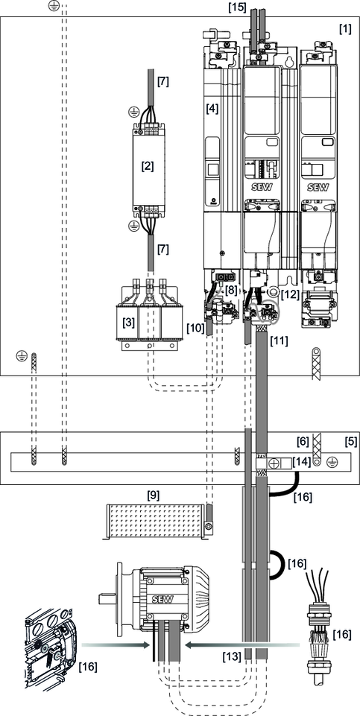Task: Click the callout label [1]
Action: (x=345, y=29)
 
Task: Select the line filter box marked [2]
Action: (x=148, y=166)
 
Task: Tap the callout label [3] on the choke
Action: (x=129, y=323)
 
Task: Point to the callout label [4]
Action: (x=213, y=108)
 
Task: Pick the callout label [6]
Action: (x=302, y=442)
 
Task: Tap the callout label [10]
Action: (x=195, y=327)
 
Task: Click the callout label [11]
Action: (x=279, y=340)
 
